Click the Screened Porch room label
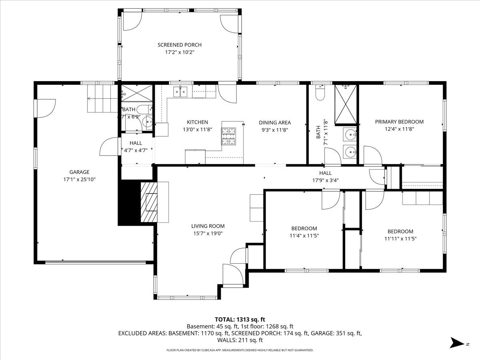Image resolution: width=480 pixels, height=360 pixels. (x=179, y=45)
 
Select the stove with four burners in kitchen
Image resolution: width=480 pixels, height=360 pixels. (x=229, y=136)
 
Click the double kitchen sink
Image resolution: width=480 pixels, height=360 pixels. (x=181, y=92)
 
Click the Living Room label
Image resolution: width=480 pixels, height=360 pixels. (x=208, y=226)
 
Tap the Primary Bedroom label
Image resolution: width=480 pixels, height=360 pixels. (x=399, y=122)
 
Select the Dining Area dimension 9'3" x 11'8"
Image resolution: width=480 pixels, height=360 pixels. (x=274, y=130)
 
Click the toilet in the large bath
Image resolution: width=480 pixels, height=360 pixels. (x=320, y=93)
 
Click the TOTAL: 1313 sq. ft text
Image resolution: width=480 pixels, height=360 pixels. (x=240, y=319)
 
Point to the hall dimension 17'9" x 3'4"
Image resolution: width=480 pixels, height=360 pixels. (x=325, y=180)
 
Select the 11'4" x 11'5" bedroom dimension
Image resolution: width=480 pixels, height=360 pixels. (x=304, y=236)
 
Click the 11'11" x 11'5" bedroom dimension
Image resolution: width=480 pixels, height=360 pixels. (x=400, y=238)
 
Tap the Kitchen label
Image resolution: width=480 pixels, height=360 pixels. (x=197, y=122)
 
